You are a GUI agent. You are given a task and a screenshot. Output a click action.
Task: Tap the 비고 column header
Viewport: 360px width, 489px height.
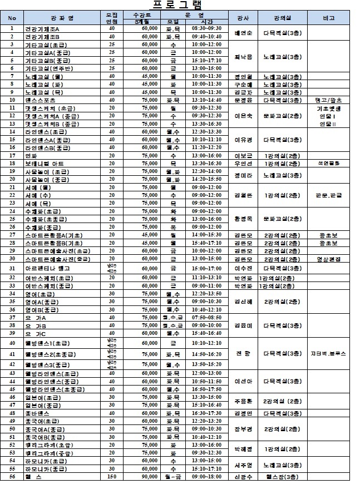coord(328,18)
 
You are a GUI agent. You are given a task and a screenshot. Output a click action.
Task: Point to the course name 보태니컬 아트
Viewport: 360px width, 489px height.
coord(45,164)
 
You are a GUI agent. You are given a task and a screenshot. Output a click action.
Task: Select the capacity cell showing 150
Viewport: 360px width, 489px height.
coord(112,477)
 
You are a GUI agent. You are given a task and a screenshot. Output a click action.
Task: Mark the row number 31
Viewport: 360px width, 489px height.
coord(12,269)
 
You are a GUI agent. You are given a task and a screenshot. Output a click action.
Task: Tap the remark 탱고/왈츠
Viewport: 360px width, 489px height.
coord(329,100)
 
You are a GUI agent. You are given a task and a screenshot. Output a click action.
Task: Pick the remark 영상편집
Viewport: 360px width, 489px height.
coord(329,259)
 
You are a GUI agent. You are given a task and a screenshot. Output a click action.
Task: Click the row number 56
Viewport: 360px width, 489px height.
coord(12,477)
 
